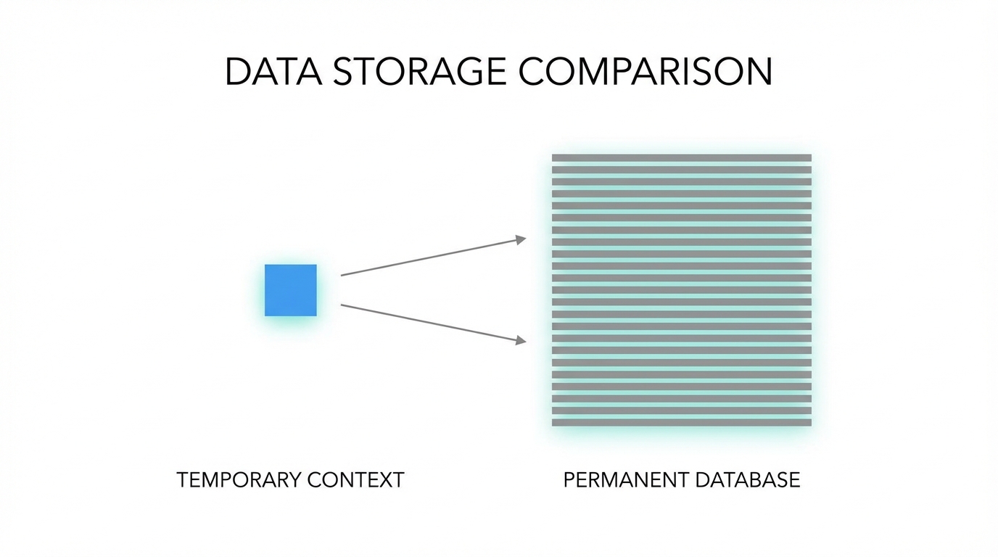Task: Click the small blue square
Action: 290,290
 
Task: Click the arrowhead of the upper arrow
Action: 521,239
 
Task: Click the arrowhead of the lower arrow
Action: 521,339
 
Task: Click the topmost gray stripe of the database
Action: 681,158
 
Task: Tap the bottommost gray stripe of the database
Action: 681,422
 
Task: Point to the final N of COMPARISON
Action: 758,72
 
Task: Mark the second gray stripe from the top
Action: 681,170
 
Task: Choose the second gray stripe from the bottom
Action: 681,410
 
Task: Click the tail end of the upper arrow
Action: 342,275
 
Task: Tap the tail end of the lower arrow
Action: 342,305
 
